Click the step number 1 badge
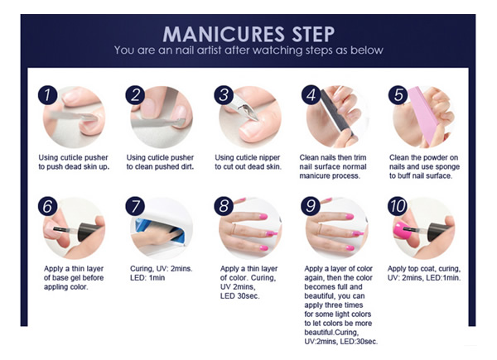pyautogui.click(x=47, y=95)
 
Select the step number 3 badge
pyautogui.click(x=224, y=95)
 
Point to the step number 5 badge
pyautogui.click(x=398, y=95)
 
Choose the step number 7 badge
pyautogui.click(x=135, y=207)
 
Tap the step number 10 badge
pyautogui.click(x=398, y=207)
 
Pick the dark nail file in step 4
pyautogui.click(x=336, y=113)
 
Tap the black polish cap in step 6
pyautogui.click(x=90, y=231)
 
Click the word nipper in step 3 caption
pyautogui.click(x=268, y=158)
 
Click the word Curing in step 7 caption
pyautogui.click(x=142, y=269)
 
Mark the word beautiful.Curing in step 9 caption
pyautogui.click(x=331, y=333)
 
